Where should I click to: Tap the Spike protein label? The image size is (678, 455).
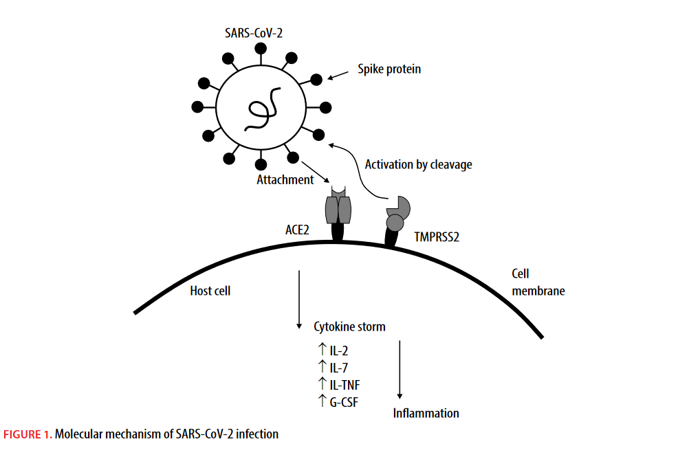[389, 69]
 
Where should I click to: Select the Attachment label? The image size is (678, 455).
[285, 180]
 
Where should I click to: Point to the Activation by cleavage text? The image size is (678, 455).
[418, 165]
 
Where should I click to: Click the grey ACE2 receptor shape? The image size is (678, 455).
[338, 206]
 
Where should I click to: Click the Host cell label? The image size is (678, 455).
[210, 291]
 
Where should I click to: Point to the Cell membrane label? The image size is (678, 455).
[538, 282]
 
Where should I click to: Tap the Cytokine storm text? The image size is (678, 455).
[349, 326]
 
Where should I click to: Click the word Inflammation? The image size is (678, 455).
[426, 413]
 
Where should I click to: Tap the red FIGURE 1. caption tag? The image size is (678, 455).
[28, 434]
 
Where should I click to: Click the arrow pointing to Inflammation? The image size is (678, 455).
[400, 370]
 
